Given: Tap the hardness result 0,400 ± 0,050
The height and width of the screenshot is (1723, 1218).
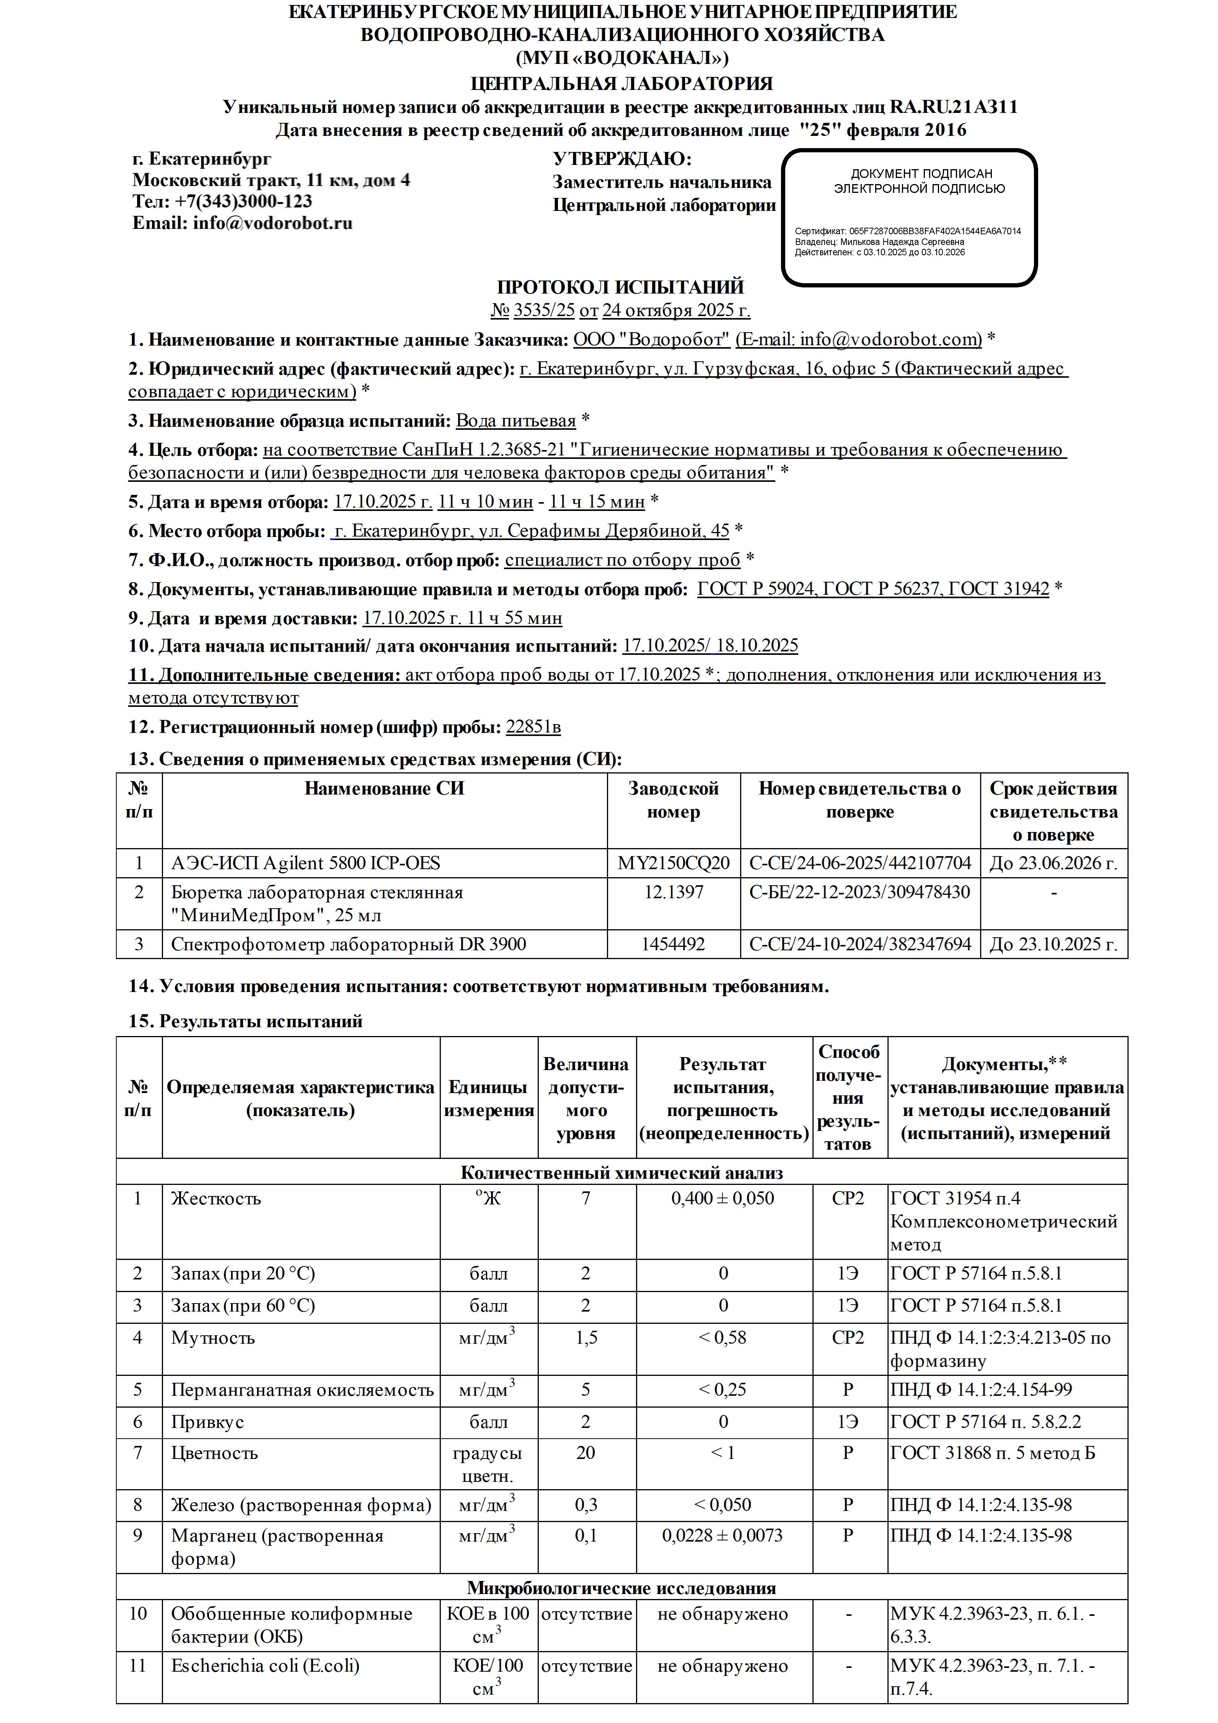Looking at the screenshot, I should coord(723,1198).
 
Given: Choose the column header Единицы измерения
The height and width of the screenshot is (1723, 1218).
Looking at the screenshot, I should coord(489,1099).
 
